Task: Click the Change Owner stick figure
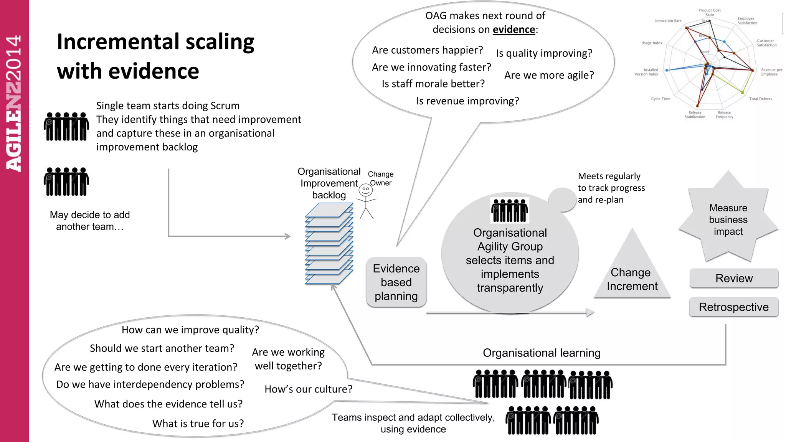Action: click(366, 201)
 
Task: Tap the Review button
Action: click(734, 278)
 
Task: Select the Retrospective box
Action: click(733, 307)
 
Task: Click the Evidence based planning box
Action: click(396, 282)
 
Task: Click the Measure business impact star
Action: click(728, 219)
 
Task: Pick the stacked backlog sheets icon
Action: click(329, 244)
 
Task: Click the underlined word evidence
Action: click(514, 30)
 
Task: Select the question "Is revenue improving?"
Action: click(467, 101)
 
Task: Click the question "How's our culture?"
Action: click(308, 389)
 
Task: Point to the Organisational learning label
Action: click(542, 353)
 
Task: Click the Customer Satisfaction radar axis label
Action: click(766, 43)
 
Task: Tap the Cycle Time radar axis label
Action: click(660, 99)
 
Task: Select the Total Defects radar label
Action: click(760, 99)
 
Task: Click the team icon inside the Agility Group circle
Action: click(510, 210)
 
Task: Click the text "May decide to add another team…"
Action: click(90, 221)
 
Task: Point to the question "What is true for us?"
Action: click(198, 424)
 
